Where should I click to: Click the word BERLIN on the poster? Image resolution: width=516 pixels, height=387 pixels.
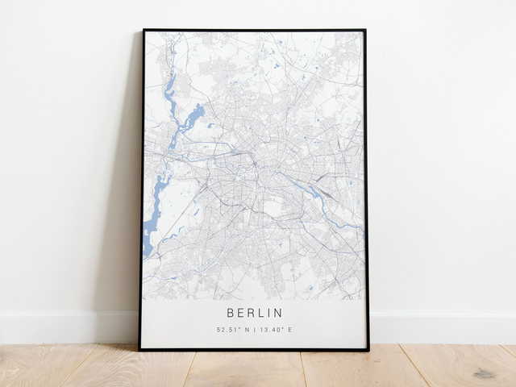tap(255, 312)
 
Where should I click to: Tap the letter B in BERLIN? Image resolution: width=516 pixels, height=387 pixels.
tap(230, 312)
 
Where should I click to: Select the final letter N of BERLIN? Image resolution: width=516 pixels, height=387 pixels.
tap(279, 312)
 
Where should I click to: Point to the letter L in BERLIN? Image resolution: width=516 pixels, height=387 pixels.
tap(260, 312)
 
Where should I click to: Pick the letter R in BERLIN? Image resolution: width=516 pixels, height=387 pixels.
tap(250, 312)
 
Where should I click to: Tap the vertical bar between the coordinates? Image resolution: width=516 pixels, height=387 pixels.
tap(254, 330)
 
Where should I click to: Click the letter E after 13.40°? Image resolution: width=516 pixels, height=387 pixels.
tap(290, 330)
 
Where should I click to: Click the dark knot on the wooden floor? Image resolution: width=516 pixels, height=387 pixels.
tap(485, 373)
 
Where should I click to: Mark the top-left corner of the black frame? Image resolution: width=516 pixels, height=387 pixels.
tap(144, 31)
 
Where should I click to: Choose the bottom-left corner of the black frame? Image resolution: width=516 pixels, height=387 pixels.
tap(139, 349)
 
